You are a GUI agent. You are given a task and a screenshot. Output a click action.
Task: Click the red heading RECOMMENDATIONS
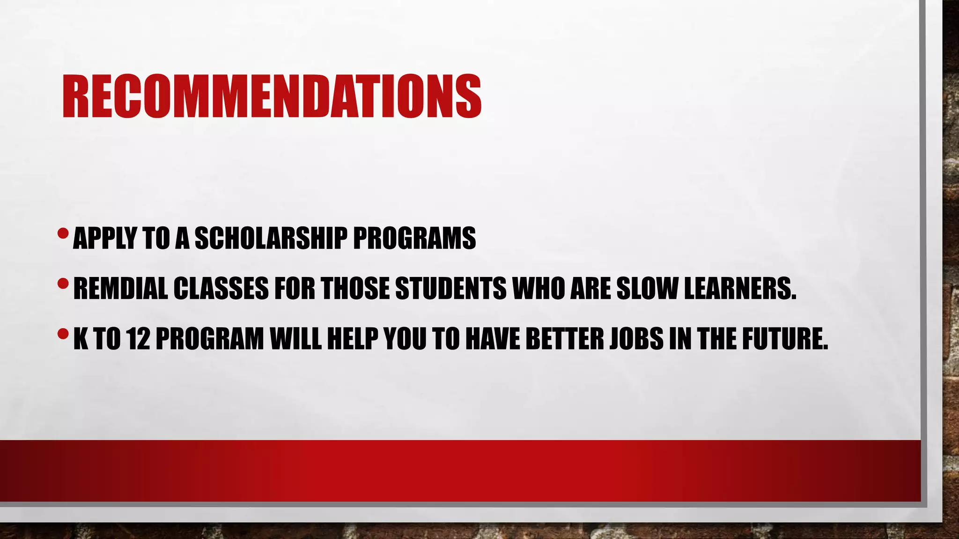tap(272, 96)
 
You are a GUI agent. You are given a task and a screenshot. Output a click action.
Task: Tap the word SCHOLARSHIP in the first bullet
tap(271, 238)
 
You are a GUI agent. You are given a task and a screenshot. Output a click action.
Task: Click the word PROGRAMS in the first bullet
tap(414, 238)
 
